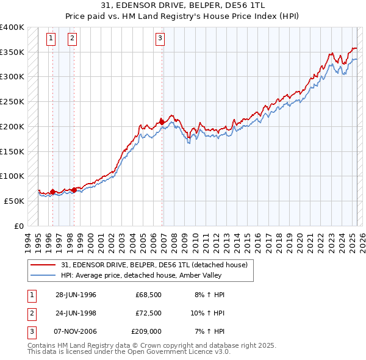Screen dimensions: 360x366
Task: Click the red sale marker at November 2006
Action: [x=162, y=121]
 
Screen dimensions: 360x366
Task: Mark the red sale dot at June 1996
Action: [x=52, y=192]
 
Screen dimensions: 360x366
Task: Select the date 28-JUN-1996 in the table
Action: [x=76, y=295]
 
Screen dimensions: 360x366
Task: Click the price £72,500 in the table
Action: [x=148, y=313]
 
